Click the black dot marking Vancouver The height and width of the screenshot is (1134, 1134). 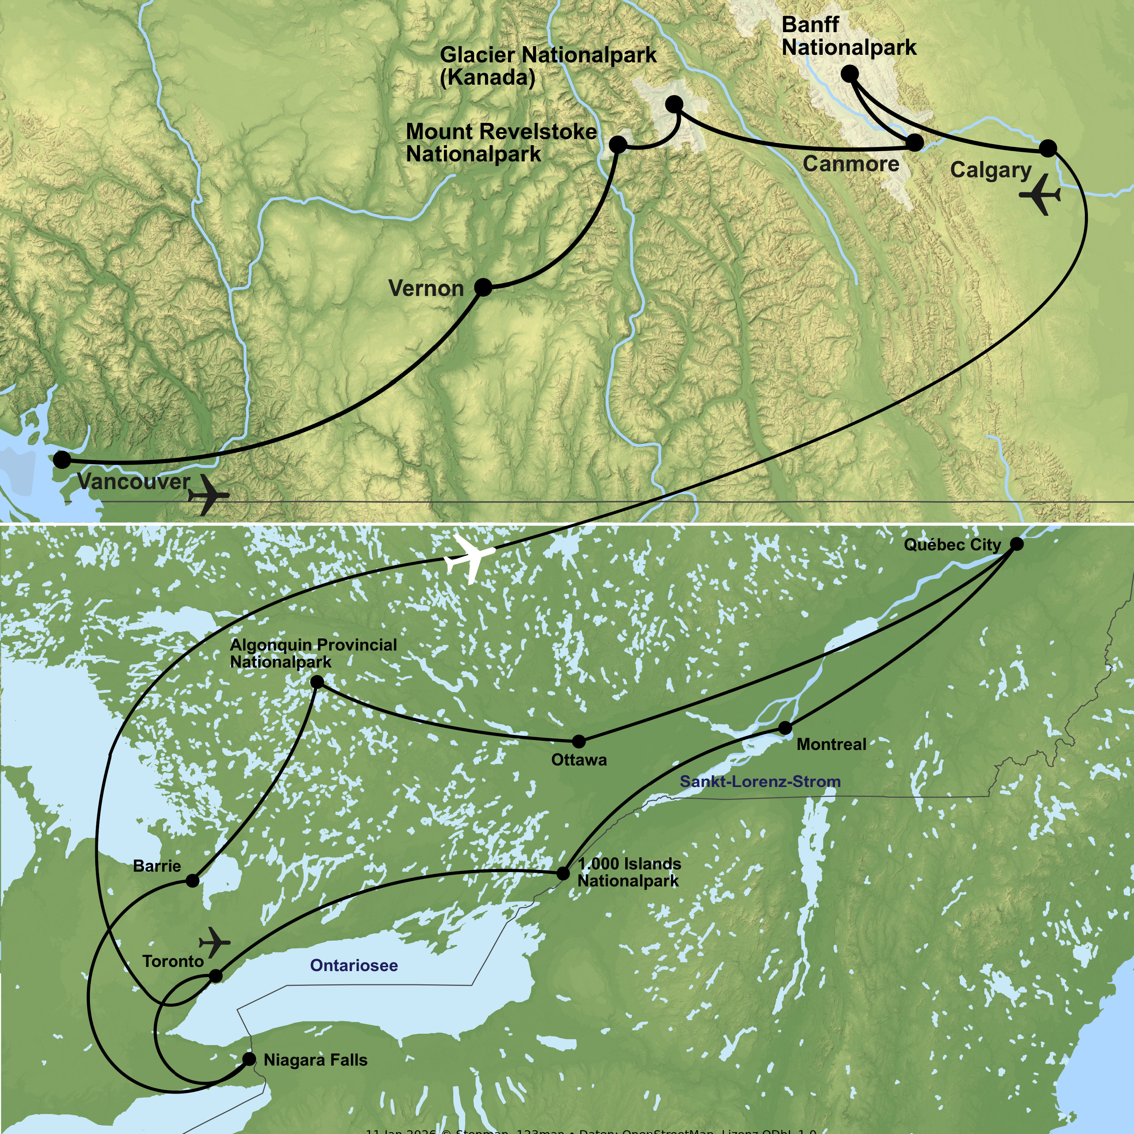pos(62,460)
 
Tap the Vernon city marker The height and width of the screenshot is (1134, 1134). pos(482,288)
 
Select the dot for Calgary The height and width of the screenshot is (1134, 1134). pos(1048,148)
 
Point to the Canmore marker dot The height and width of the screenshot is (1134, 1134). pos(914,143)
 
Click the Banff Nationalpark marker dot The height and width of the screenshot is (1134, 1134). pos(849,74)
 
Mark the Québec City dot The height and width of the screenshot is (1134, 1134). pos(1016,544)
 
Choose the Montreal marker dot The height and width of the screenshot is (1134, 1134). pos(785,728)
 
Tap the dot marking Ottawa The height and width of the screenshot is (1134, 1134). pos(579,741)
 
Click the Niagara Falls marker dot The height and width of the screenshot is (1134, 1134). pos(249,1059)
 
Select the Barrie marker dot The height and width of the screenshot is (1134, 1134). pos(192,880)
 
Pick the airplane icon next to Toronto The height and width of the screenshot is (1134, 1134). pos(215,943)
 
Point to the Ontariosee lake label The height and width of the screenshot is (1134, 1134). pos(353,965)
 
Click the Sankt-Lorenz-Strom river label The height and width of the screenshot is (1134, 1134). pos(760,781)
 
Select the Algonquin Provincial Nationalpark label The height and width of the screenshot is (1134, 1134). pos(313,653)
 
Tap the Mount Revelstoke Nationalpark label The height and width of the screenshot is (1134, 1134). pos(501,143)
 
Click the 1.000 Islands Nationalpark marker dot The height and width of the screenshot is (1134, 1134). pos(562,873)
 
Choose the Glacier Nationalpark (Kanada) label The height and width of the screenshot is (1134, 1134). pos(548,66)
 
